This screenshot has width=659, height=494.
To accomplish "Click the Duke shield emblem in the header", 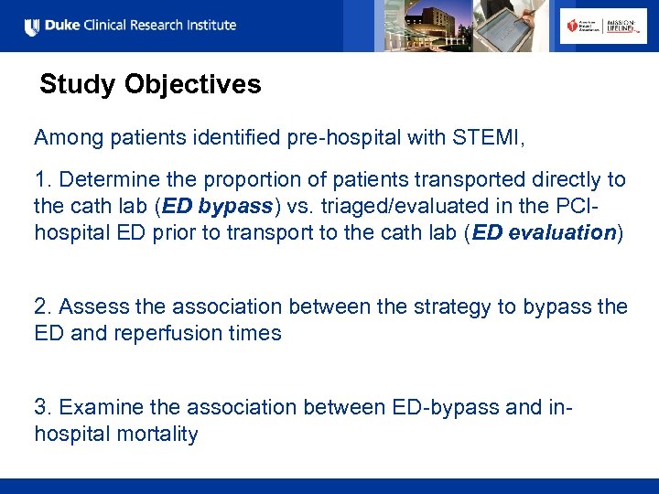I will click(x=31, y=27).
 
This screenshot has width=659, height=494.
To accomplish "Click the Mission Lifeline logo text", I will click(x=625, y=27).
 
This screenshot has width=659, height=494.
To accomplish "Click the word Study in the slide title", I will click(x=79, y=85).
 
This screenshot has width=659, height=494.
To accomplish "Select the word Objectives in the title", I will click(x=193, y=85).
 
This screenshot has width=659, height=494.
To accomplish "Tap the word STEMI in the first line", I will click(x=488, y=138).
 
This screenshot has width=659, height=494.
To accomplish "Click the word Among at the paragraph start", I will click(x=68, y=138).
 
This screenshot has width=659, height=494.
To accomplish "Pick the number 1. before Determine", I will click(x=42, y=179).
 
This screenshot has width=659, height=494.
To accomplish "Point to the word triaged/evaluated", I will click(x=402, y=207).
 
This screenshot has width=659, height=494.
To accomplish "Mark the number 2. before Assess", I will click(x=43, y=306).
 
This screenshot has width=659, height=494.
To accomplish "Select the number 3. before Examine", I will click(x=43, y=407).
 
